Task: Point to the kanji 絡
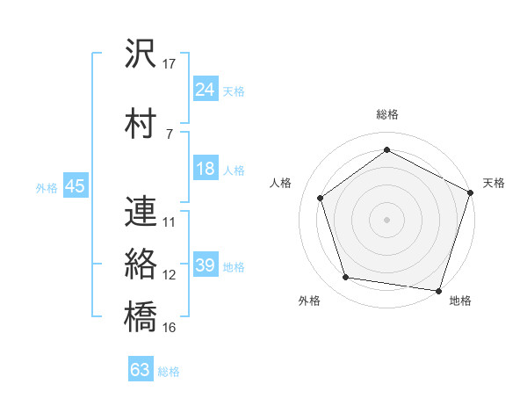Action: [x=141, y=263]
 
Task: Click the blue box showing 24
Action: [x=206, y=90]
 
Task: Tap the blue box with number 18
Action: [x=206, y=170]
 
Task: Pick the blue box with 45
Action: [x=75, y=186]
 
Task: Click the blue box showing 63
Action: [x=141, y=370]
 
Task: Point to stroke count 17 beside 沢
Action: [x=170, y=64]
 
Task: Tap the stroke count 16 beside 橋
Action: [x=170, y=327]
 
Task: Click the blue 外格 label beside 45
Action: [x=47, y=187]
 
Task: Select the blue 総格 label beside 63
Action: [x=169, y=372]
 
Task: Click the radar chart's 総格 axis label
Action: [x=386, y=114]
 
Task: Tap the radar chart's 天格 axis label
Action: [x=494, y=183]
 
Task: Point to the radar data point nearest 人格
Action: [x=321, y=198]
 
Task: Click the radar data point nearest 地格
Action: [x=438, y=289]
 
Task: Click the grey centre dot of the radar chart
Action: [x=386, y=219]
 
